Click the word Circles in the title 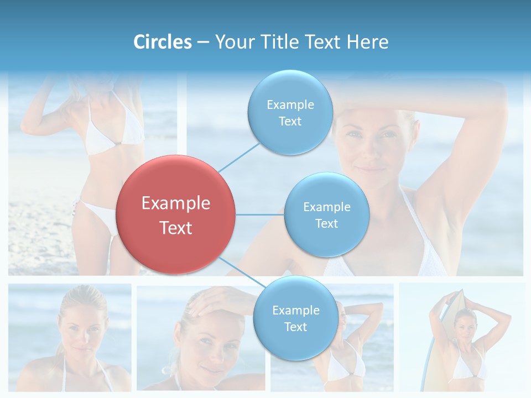tap(162, 42)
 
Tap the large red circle tap(176, 214)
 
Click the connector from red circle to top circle tap(240, 156)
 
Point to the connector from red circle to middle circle tap(260, 214)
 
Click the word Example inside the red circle tap(176, 203)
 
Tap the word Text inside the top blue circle tap(290, 122)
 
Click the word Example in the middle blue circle tap(326, 207)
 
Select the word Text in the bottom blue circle tap(295, 327)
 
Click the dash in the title tap(203, 43)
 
